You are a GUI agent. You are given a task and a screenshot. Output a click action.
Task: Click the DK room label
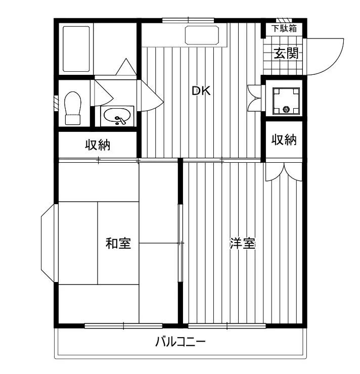(200, 91)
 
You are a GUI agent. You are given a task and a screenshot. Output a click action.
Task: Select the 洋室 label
(242, 243)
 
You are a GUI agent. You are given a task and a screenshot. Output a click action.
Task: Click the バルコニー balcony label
(180, 342)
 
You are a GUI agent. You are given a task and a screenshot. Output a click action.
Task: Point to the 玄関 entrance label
(285, 53)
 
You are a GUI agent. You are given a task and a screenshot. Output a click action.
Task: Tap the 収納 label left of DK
(97, 146)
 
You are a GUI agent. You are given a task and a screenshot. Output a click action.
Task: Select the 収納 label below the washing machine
(284, 140)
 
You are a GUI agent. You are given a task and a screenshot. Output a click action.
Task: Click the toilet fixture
(73, 108)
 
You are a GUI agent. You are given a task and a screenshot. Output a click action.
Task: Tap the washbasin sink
(117, 116)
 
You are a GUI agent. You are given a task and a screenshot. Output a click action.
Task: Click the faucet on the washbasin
(121, 120)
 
